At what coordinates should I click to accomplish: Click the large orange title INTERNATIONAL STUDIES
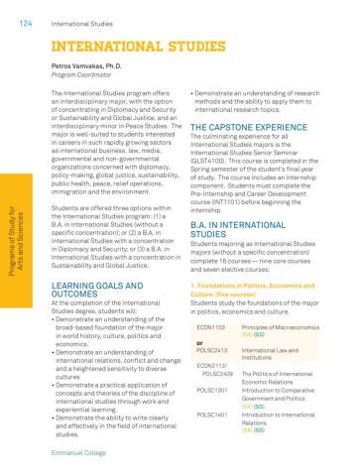(x=127, y=45)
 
